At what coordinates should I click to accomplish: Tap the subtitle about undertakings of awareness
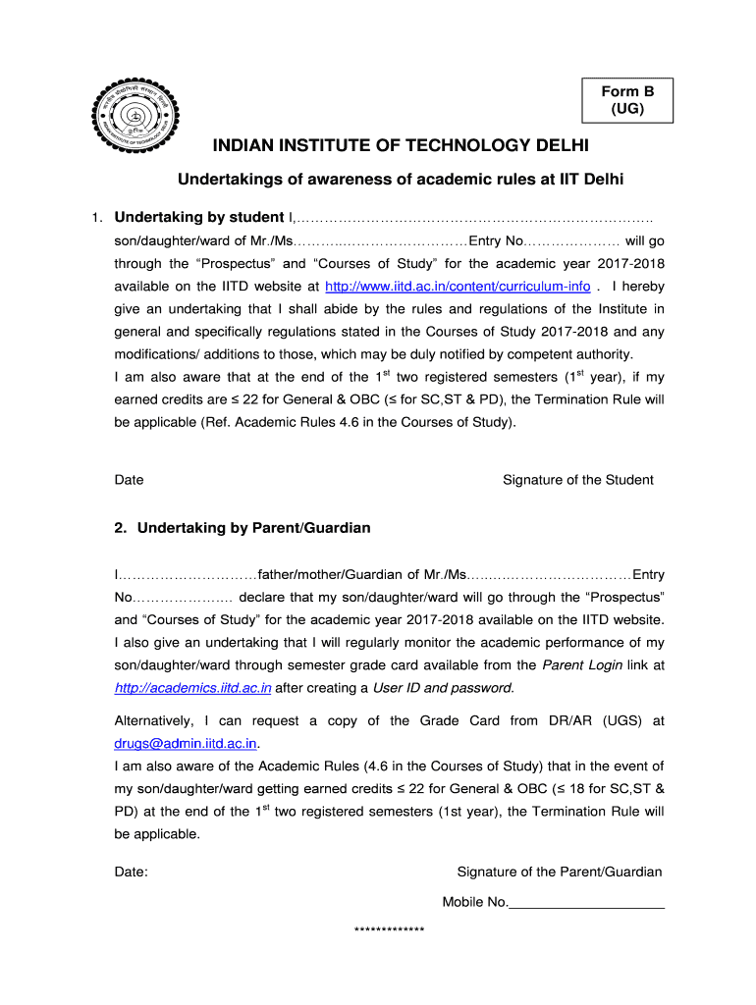[400, 180]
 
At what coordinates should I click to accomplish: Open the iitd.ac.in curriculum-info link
[458, 287]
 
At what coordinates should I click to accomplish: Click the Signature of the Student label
[577, 480]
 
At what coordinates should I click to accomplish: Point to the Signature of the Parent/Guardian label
[560, 872]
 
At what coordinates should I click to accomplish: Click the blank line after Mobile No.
[586, 903]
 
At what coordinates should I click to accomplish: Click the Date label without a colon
[129, 480]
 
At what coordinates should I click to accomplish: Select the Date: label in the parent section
[132, 872]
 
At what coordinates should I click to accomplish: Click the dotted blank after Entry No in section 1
[570, 241]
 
